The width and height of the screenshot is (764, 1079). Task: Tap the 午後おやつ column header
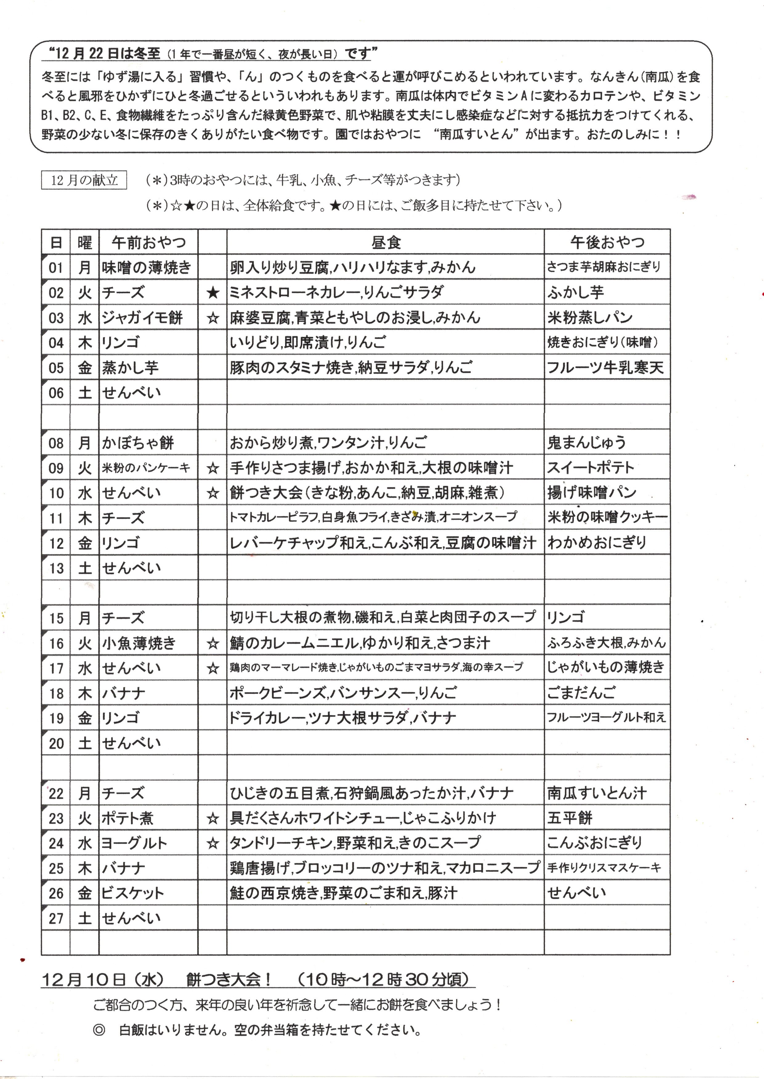(x=607, y=243)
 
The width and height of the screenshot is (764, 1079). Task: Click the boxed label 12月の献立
(x=84, y=180)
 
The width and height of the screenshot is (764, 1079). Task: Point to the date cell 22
(x=56, y=794)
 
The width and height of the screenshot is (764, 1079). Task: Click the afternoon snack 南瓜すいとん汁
(x=596, y=794)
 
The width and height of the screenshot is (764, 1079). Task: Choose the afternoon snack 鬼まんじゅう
(x=586, y=443)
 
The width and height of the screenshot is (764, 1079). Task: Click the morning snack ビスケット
(x=133, y=893)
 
